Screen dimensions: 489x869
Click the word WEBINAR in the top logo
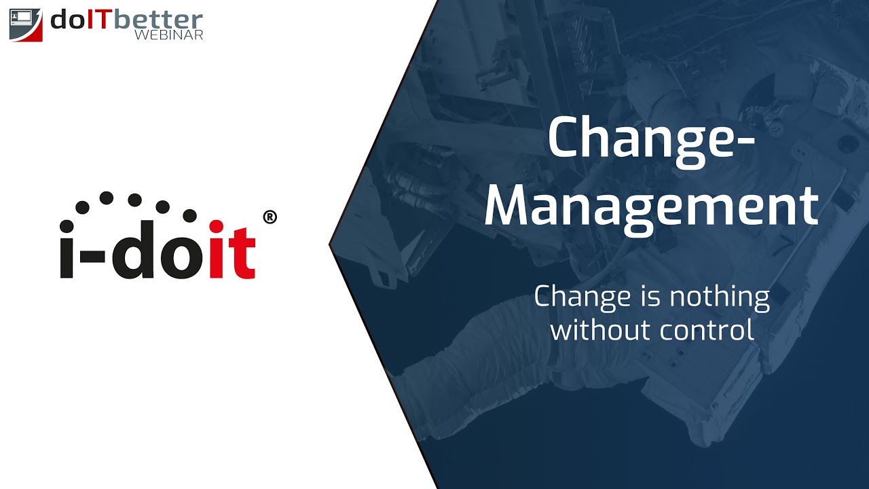click(168, 35)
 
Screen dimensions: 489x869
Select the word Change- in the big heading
click(651, 138)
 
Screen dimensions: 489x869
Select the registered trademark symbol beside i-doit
click(269, 217)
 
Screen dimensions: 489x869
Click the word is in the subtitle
click(642, 297)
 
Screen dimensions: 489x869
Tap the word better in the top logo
click(158, 20)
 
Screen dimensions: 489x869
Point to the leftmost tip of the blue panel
click(331, 244)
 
